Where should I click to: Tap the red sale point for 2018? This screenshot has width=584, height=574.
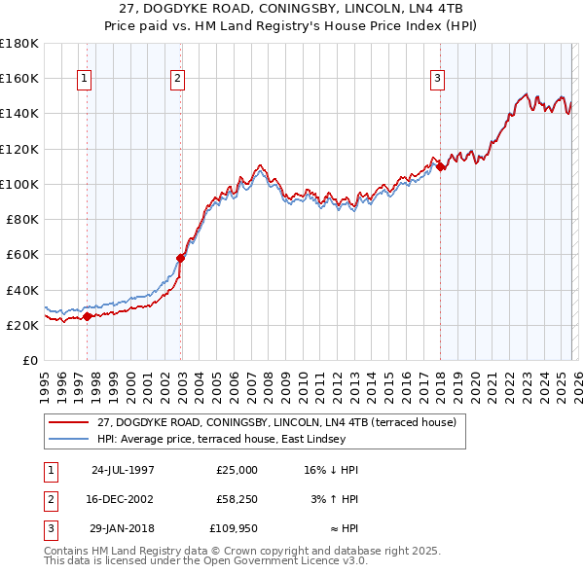click(441, 167)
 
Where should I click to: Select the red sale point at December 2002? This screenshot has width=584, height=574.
click(181, 258)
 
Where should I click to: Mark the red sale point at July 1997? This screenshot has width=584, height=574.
click(88, 316)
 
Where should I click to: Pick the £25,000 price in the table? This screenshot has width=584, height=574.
click(237, 470)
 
